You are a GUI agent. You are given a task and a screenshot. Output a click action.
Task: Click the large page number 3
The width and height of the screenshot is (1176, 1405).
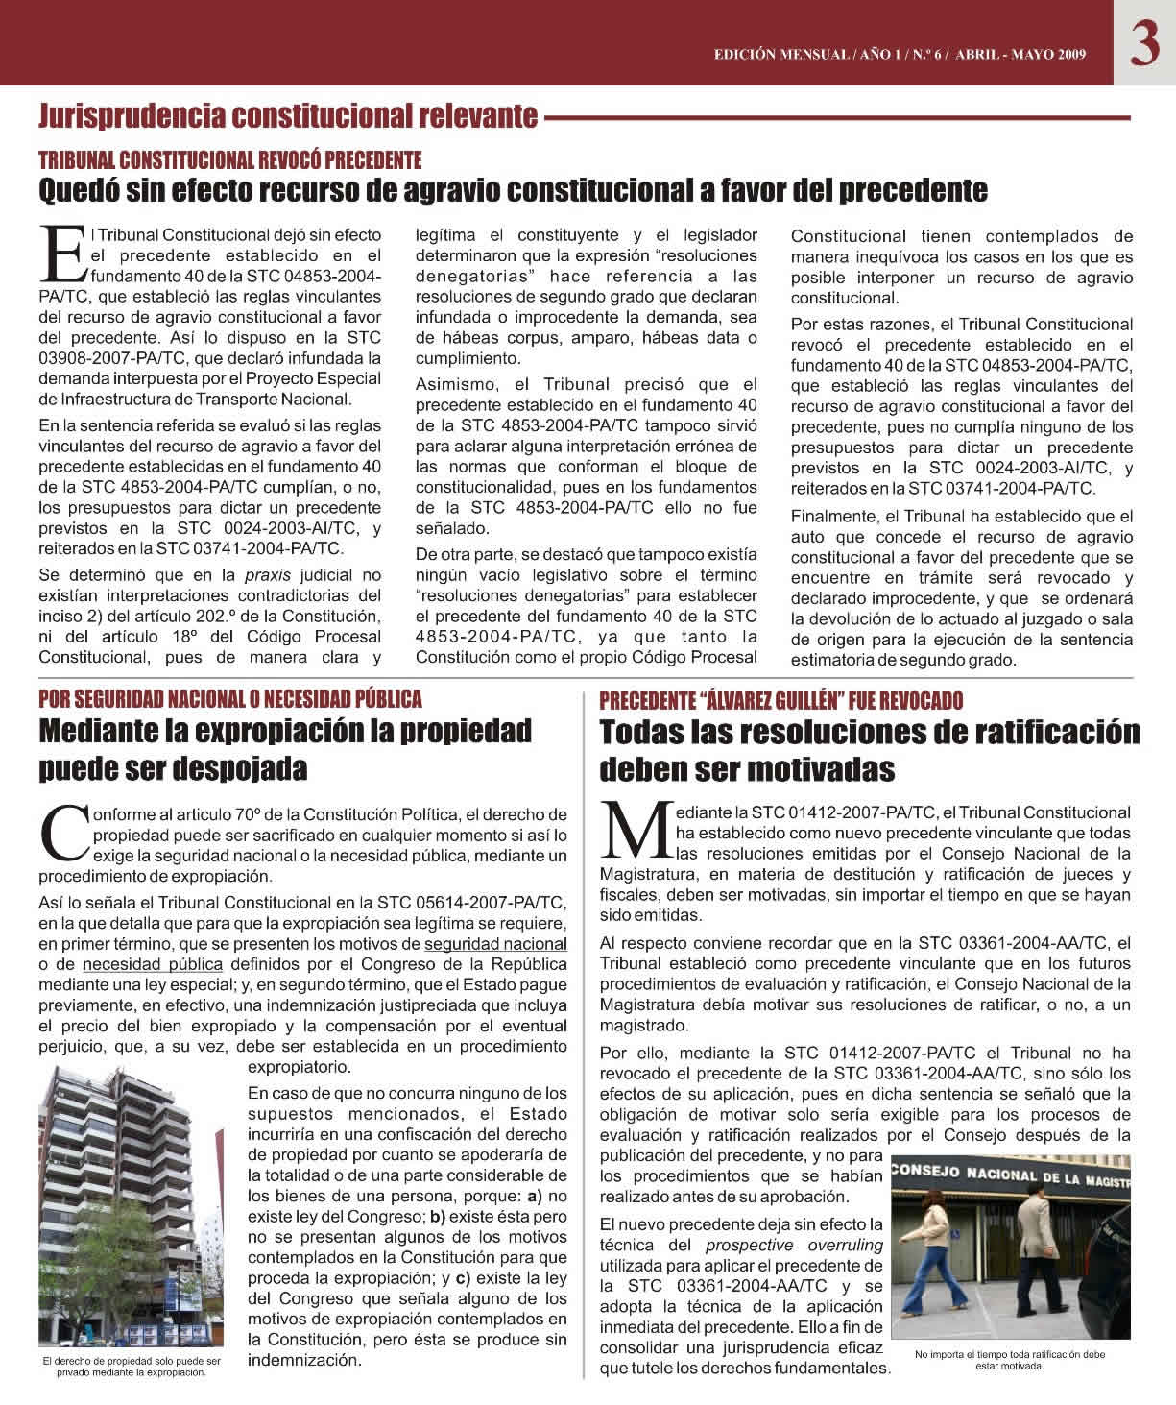pos(1144,43)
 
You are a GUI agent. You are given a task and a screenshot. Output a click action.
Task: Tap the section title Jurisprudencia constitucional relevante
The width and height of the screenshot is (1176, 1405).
pos(287,117)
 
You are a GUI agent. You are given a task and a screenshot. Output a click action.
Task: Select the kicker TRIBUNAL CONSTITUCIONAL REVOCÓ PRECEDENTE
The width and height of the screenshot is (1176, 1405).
pos(229,159)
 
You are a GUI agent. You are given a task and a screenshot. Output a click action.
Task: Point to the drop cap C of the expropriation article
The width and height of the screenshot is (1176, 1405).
pos(63,833)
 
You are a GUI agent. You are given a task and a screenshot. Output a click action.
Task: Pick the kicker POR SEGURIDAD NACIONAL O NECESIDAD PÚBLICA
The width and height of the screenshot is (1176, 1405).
pos(229,698)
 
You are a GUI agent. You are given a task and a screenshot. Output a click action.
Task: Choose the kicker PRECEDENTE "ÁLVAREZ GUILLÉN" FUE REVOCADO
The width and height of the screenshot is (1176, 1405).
pos(780,700)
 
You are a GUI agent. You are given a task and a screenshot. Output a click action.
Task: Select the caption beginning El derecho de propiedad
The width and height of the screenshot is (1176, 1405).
pos(132,1367)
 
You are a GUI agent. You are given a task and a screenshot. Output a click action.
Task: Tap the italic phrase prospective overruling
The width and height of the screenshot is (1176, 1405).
pos(794,1246)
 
